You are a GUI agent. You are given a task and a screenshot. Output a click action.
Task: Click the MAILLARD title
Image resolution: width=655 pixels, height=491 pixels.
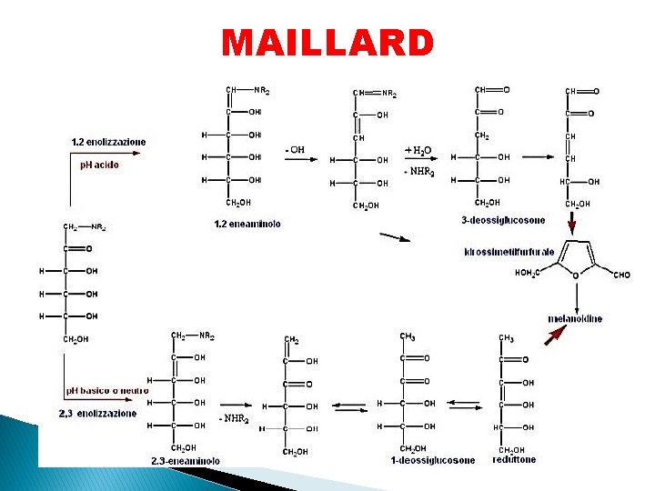click(327, 43)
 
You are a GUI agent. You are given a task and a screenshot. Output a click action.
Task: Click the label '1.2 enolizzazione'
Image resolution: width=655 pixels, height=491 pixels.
click(108, 142)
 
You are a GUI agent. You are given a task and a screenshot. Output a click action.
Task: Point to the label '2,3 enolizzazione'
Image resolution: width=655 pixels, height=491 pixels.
click(97, 414)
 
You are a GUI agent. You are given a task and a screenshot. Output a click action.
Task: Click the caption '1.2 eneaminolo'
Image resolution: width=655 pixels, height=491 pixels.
click(247, 223)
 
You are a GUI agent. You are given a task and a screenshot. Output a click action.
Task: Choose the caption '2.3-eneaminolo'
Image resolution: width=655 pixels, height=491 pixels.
click(186, 461)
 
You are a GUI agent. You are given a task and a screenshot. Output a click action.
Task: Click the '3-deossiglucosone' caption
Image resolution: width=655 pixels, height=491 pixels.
click(503, 221)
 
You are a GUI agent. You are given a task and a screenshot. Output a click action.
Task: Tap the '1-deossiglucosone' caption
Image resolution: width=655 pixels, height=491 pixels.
click(433, 460)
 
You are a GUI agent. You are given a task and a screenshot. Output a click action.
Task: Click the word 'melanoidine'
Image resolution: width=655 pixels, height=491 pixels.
click(575, 318)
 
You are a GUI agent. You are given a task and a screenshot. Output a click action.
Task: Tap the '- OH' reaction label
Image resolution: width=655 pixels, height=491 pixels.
click(295, 150)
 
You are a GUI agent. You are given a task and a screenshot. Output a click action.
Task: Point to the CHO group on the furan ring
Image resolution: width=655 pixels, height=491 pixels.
click(622, 275)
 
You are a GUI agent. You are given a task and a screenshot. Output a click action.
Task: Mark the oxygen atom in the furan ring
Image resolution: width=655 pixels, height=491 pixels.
click(576, 276)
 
